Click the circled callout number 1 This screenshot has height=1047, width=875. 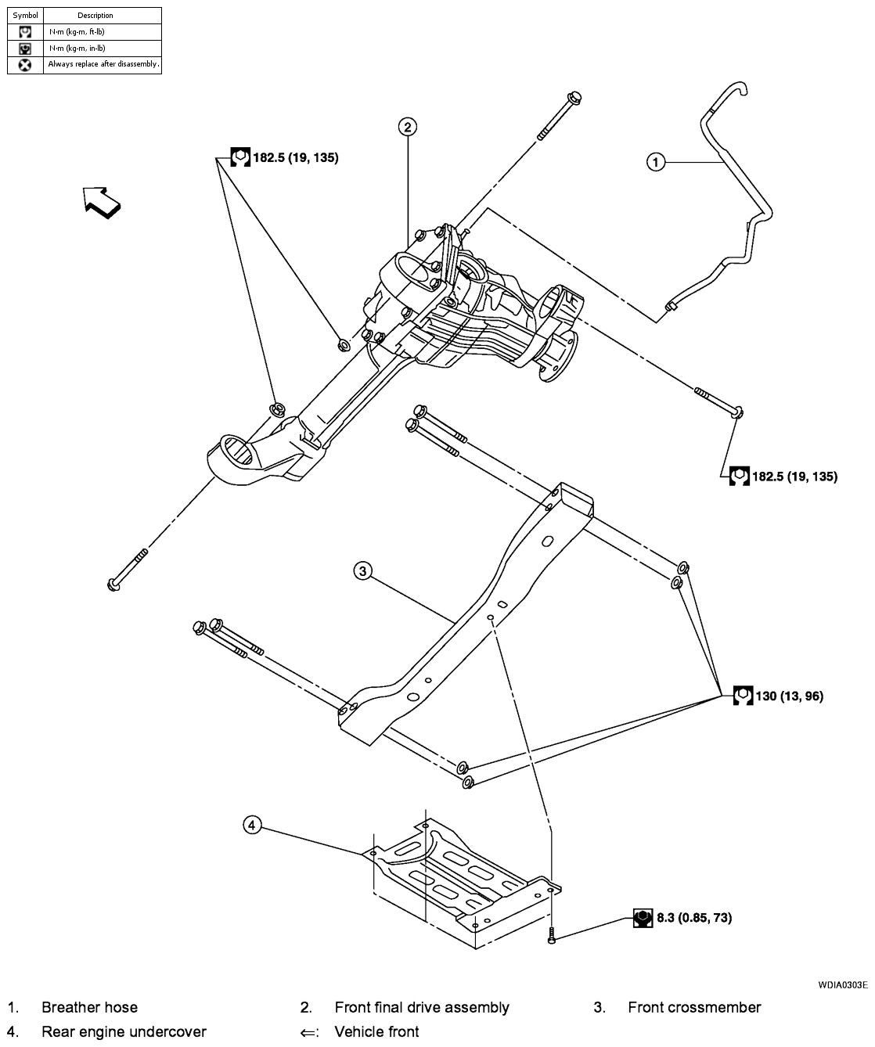tap(655, 162)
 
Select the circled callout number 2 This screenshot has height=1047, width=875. tap(407, 127)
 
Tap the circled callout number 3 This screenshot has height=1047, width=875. tap(362, 571)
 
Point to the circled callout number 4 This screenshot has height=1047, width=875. tap(251, 825)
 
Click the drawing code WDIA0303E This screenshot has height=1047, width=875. tap(843, 984)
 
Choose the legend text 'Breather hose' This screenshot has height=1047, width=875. tap(89, 1007)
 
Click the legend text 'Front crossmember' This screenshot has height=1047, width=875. tap(693, 1007)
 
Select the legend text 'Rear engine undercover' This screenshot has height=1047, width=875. tap(124, 1031)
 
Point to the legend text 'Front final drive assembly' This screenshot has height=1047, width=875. tap(421, 1007)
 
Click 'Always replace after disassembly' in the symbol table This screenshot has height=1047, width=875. tap(103, 64)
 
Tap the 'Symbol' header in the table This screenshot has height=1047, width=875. tap(25, 15)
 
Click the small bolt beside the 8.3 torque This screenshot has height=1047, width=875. tap(553, 934)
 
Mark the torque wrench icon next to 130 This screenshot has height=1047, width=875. tap(742, 695)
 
